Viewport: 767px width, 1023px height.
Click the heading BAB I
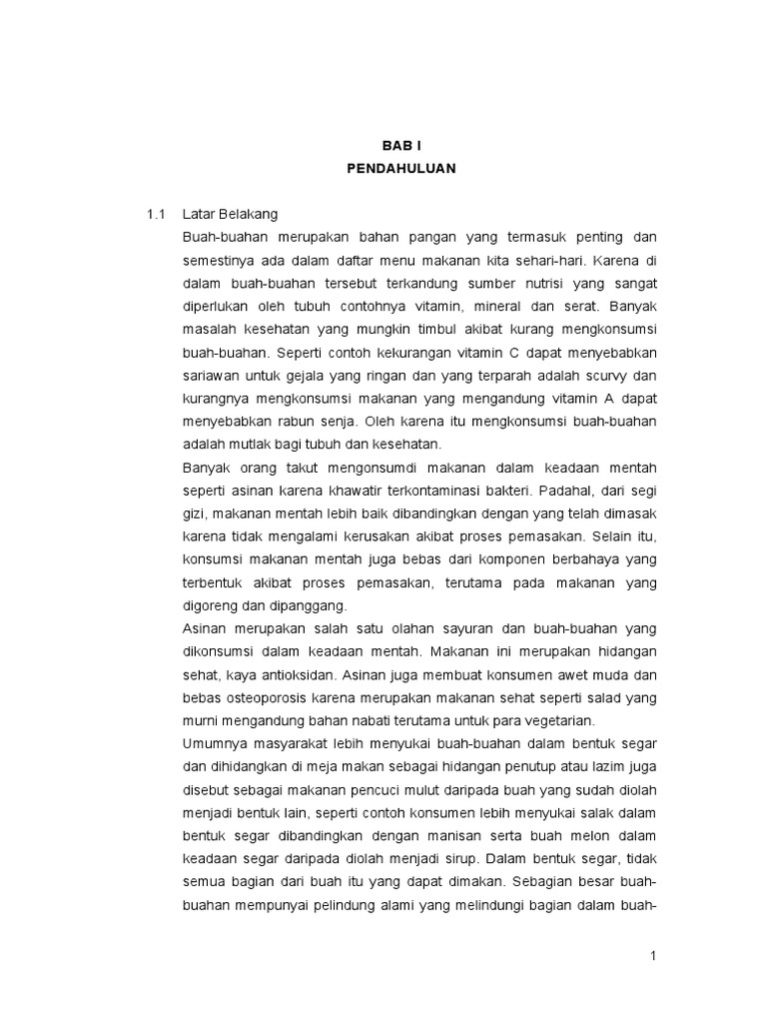pyautogui.click(x=401, y=145)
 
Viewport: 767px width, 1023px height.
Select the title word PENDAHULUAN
pyautogui.click(x=401, y=169)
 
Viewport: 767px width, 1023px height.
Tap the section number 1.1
pyautogui.click(x=154, y=214)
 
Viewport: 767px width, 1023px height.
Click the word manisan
pyautogui.click(x=448, y=834)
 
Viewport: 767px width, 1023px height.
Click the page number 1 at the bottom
pyautogui.click(x=653, y=956)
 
